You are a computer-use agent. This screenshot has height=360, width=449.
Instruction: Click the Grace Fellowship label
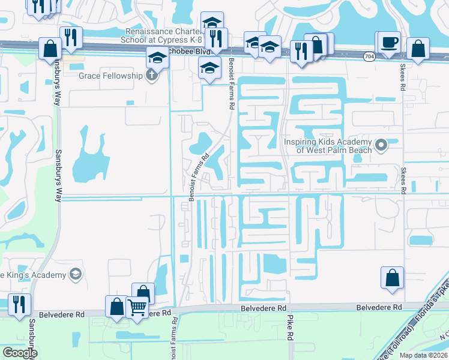[110, 76]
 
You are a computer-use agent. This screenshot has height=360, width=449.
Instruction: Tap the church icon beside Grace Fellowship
[152, 76]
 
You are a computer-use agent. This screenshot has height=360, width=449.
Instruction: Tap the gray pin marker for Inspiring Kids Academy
[380, 145]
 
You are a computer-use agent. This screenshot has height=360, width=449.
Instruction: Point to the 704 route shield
[370, 56]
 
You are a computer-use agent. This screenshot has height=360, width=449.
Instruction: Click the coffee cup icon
[389, 42]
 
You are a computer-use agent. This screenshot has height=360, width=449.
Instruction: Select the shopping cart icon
[138, 307]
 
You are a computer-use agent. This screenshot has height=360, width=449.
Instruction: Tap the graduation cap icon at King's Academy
[75, 275]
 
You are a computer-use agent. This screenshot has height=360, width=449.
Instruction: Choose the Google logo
[19, 353]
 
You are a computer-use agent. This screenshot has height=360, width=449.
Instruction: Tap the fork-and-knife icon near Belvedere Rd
[20, 304]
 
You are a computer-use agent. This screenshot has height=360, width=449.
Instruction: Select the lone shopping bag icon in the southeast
[392, 278]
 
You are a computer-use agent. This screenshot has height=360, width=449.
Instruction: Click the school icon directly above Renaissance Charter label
[211, 23]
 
